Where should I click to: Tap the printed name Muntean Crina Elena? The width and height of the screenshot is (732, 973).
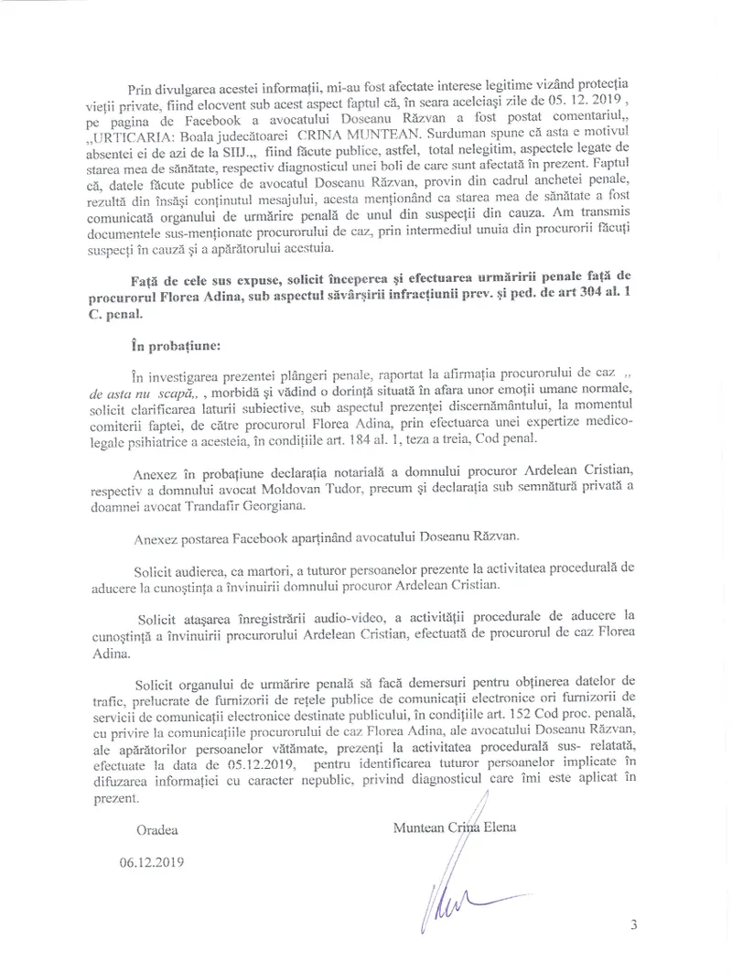(453, 828)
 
